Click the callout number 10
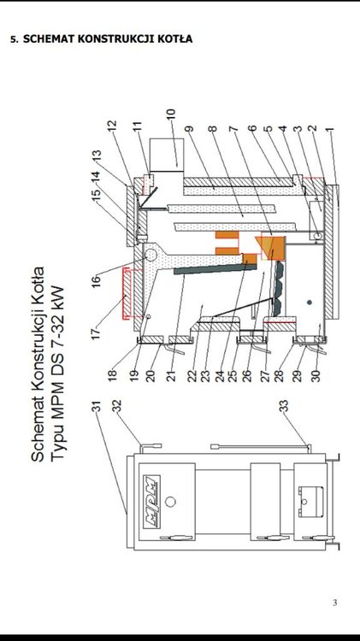[x=170, y=115]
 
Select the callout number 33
[x=284, y=405]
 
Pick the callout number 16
[x=96, y=282]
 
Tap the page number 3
[x=335, y=603]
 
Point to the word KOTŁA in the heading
[x=176, y=39]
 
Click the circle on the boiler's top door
[x=170, y=501]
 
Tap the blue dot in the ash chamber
[x=310, y=302]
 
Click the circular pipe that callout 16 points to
[x=150, y=255]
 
